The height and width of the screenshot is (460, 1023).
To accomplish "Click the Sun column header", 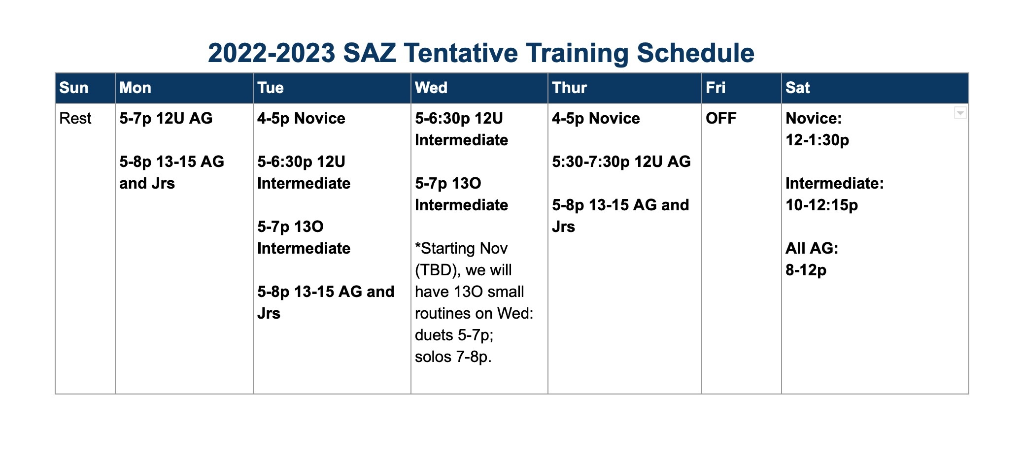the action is [x=74, y=88].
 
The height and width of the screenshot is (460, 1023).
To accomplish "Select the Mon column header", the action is [x=135, y=88].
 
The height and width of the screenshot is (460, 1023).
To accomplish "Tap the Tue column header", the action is [x=270, y=88].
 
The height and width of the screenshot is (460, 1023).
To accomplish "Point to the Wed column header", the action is [x=431, y=88].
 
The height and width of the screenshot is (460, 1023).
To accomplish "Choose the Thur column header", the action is [x=569, y=88].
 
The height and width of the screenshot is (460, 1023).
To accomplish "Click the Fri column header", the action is [x=716, y=88].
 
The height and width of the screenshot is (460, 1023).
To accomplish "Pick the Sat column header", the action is [x=797, y=88].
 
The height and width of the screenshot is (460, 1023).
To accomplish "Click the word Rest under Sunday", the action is [x=75, y=118].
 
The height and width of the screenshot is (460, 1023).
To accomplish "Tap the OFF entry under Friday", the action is [x=721, y=118].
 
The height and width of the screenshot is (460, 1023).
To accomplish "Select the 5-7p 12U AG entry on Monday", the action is [x=166, y=118].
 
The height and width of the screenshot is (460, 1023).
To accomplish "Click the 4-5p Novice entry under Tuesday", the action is [x=301, y=118].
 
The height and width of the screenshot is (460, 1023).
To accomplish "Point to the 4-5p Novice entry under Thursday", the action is [x=596, y=118].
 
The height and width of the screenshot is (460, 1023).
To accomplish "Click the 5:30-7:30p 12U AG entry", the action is [x=621, y=162].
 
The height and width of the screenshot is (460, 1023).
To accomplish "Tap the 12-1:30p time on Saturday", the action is [x=817, y=140].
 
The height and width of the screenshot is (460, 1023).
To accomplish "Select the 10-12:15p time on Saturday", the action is [x=821, y=205].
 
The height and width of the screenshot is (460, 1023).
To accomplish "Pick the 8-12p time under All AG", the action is [x=806, y=270].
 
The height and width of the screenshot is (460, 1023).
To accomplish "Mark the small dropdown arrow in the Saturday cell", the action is [x=960, y=113].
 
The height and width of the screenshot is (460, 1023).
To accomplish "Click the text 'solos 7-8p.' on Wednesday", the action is [x=453, y=357].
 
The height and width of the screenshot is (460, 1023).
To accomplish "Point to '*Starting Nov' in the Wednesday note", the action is [x=461, y=248].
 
